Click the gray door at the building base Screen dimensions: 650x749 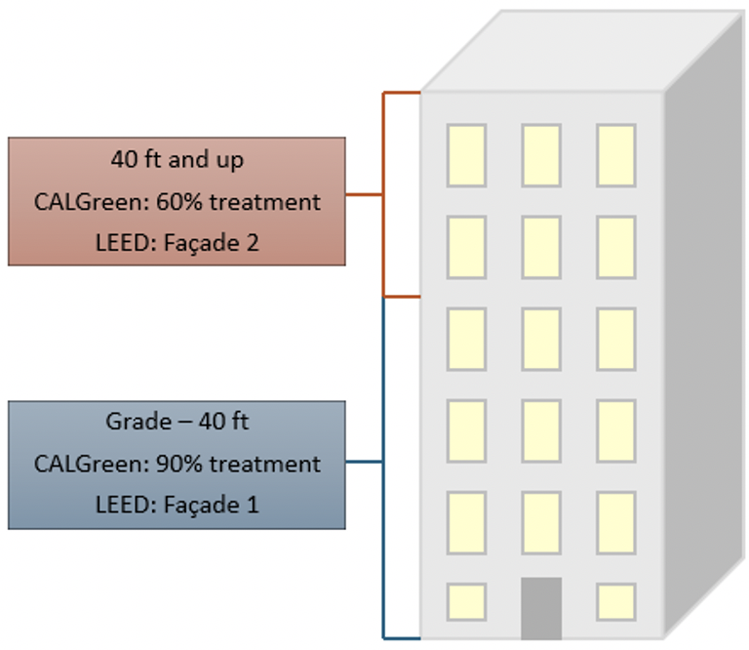coord(541,608)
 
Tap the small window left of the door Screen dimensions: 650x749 coord(466,601)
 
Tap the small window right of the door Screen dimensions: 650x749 coord(616,601)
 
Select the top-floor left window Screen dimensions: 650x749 coord(466,155)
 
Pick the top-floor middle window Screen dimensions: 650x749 coord(541,155)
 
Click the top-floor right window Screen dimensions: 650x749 coord(616,155)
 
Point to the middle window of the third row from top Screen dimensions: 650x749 coord(541,339)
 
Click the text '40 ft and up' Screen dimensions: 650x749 coord(177,160)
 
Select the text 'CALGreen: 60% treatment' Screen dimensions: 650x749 coord(177,202)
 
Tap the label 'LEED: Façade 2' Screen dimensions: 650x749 coord(177,243)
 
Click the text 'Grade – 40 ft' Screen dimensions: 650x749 coord(177,423)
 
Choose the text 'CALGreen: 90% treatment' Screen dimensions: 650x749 coord(177,465)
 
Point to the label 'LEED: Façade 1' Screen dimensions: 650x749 coord(177,506)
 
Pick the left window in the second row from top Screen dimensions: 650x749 coord(466,247)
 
